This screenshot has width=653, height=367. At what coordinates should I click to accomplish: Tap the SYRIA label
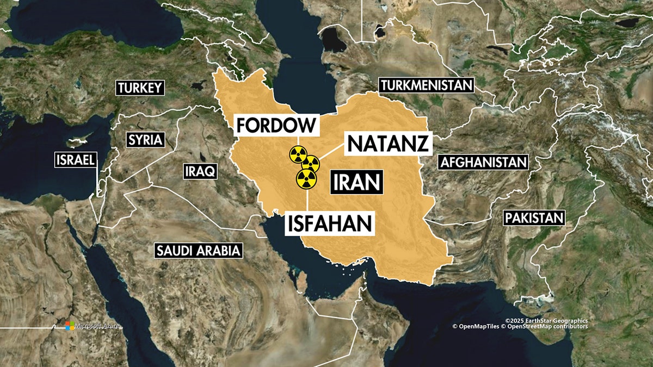tap(145, 140)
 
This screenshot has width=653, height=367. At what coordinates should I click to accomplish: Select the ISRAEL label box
tap(76, 159)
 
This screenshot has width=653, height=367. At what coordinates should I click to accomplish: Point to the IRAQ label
tap(201, 172)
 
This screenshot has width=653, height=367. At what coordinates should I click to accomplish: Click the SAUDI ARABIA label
tap(198, 251)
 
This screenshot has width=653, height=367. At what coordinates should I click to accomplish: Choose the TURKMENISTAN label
tap(426, 85)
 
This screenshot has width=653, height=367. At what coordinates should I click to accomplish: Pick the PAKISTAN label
tap(534, 218)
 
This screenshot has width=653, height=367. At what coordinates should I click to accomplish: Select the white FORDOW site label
tap(276, 125)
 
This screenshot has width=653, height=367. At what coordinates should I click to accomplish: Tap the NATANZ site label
tap(389, 144)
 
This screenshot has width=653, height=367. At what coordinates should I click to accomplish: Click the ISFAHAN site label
tap(330, 223)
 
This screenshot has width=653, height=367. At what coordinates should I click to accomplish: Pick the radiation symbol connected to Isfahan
tap(306, 178)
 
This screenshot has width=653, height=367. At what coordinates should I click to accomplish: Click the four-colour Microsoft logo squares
tap(70, 325)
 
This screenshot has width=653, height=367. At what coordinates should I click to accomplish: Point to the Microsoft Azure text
tap(97, 326)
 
